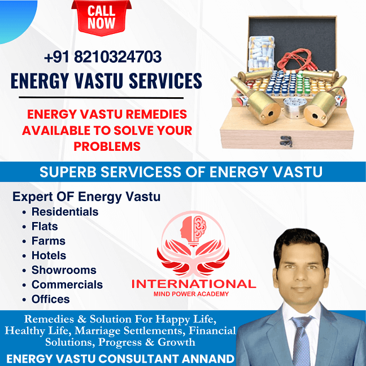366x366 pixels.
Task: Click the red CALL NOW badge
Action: (x=101, y=18)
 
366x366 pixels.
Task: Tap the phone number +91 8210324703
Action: (x=103, y=56)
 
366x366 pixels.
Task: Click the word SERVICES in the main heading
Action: (x=165, y=81)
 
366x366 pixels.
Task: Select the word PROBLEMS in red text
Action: (x=107, y=146)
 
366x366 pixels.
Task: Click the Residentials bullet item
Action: (x=65, y=212)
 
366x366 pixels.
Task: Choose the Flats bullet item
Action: (x=45, y=226)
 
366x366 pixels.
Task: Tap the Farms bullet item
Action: (x=49, y=241)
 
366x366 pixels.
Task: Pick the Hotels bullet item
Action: (x=49, y=255)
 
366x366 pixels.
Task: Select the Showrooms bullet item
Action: (x=64, y=270)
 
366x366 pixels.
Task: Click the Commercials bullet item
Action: (x=67, y=285)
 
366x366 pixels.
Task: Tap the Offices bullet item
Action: (x=51, y=299)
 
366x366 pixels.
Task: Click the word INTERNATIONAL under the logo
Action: (x=194, y=284)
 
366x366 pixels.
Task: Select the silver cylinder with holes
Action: (x=293, y=108)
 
